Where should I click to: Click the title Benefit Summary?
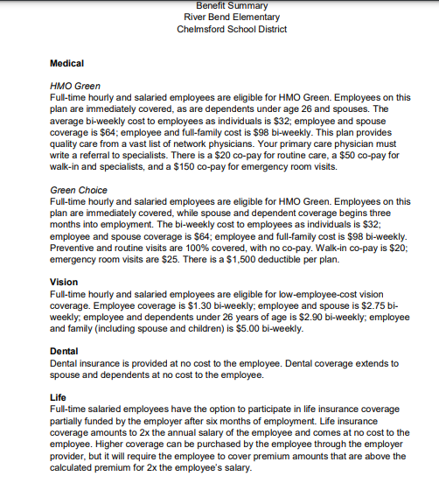pyautogui.click(x=232, y=5)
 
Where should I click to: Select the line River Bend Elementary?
pyautogui.click(x=232, y=17)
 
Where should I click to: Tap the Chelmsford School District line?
pyautogui.click(x=232, y=28)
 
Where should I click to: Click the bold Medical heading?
pyautogui.click(x=67, y=64)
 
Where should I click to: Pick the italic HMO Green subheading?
pyautogui.click(x=76, y=87)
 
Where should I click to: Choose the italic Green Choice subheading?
pyautogui.click(x=79, y=190)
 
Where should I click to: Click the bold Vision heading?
pyautogui.click(x=65, y=283)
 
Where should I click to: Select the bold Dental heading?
pyautogui.click(x=65, y=351)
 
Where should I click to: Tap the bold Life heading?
pyautogui.click(x=59, y=396)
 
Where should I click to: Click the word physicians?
pyautogui.click(x=235, y=143)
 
